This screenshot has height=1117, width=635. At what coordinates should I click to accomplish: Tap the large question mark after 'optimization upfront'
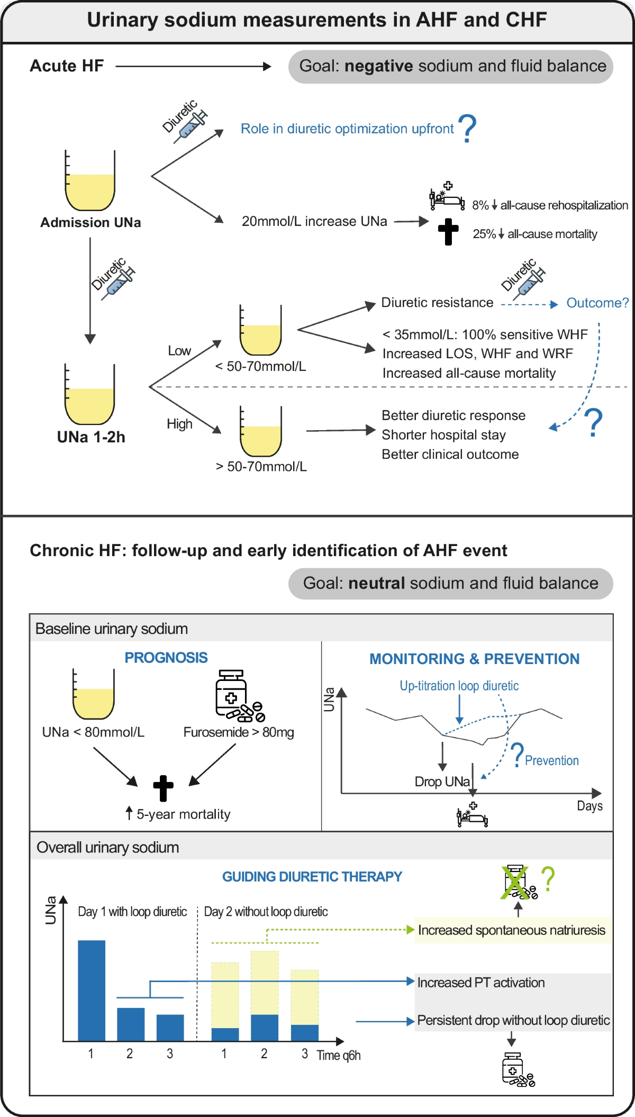pyautogui.click(x=467, y=129)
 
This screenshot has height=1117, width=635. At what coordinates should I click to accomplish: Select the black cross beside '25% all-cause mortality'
pyautogui.click(x=448, y=232)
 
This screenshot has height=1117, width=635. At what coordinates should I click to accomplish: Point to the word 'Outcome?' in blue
pyautogui.click(x=597, y=303)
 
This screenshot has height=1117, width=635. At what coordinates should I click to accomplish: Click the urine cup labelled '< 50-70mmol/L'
pyautogui.click(x=260, y=330)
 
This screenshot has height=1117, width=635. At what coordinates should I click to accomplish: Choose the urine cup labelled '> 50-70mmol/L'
pyautogui.click(x=260, y=431)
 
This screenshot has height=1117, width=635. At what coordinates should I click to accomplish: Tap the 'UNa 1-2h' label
pyautogui.click(x=91, y=437)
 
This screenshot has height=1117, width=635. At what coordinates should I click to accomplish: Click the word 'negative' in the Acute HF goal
pyautogui.click(x=378, y=66)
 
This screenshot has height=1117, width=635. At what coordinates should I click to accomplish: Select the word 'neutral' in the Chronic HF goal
pyautogui.click(x=376, y=583)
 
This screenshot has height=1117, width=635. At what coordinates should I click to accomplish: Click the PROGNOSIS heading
pyautogui.click(x=166, y=658)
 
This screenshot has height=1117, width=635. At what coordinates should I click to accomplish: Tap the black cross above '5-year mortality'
pyautogui.click(x=163, y=788)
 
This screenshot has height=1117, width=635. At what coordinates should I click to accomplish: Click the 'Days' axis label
pyautogui.click(x=589, y=806)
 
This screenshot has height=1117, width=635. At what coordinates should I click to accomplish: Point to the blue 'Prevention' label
pyautogui.click(x=551, y=760)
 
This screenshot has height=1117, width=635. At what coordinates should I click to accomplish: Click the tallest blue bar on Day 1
pyautogui.click(x=92, y=990)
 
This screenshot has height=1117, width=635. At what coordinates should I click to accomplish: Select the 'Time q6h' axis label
pyautogui.click(x=339, y=1055)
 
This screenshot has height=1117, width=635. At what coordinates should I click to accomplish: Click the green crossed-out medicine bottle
pyautogui.click(x=516, y=882)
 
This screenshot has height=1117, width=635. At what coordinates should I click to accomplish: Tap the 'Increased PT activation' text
pyautogui.click(x=480, y=983)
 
